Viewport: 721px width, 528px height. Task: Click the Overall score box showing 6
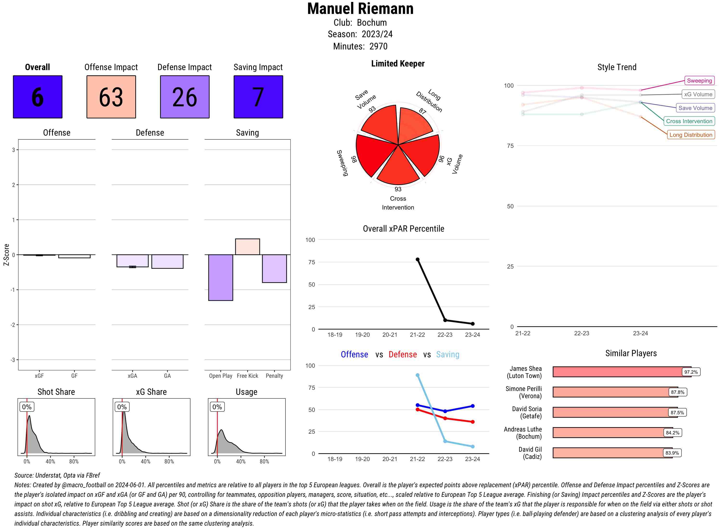tap(37, 97)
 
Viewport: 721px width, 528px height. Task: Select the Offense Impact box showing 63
tap(111, 97)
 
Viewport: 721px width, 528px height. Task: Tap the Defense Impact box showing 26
tap(185, 97)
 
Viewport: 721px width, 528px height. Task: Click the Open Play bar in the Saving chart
tap(220, 277)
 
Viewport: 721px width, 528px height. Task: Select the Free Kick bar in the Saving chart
tap(247, 247)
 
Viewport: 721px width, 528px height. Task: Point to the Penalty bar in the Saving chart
tap(274, 269)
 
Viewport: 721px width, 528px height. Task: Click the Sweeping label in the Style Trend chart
tap(699, 81)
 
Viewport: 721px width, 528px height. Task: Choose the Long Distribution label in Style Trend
tap(691, 135)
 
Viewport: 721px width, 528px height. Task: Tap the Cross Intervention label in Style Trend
tap(689, 121)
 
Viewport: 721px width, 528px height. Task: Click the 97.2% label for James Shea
tap(691, 372)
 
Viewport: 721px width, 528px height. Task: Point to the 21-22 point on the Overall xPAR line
tap(417, 259)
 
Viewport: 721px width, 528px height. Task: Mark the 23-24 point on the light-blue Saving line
tap(472, 446)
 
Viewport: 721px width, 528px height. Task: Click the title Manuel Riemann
tap(360, 9)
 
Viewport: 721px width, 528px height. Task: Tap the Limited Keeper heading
tap(398, 64)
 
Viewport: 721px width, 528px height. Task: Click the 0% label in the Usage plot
tap(217, 407)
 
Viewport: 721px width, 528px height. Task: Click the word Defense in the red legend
tap(403, 354)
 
